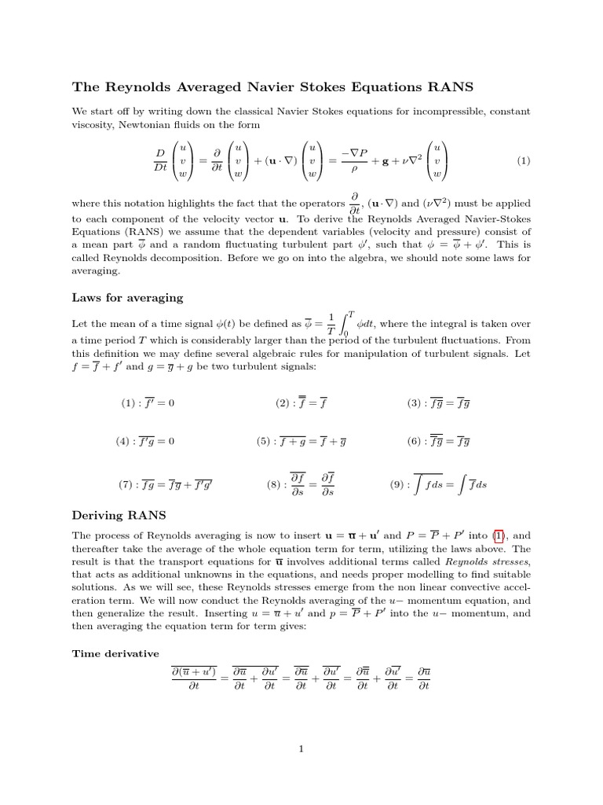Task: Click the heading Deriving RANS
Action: click(119, 515)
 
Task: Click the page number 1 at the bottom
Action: click(301, 749)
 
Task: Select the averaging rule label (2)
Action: click(283, 403)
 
